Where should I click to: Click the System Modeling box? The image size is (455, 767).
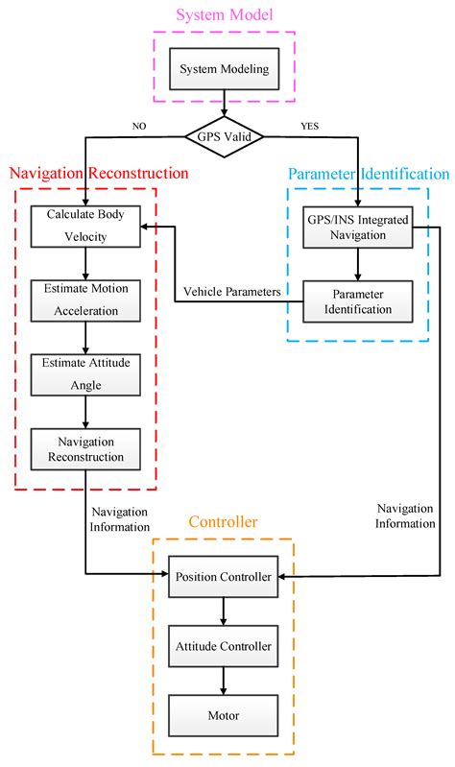[224, 68]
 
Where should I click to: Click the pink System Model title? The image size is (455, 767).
[224, 14]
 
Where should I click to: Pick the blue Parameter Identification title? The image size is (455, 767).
[368, 174]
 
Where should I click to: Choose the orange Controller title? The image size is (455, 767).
[223, 522]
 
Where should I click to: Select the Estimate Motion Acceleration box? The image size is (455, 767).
[86, 299]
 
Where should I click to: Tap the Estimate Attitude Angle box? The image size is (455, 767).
[86, 373]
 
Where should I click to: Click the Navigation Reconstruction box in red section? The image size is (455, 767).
[86, 448]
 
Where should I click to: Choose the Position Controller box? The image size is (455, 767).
[224, 576]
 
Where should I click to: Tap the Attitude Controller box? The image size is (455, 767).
[224, 646]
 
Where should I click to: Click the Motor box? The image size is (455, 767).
[224, 714]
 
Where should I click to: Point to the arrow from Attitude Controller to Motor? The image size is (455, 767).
[224, 681]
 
